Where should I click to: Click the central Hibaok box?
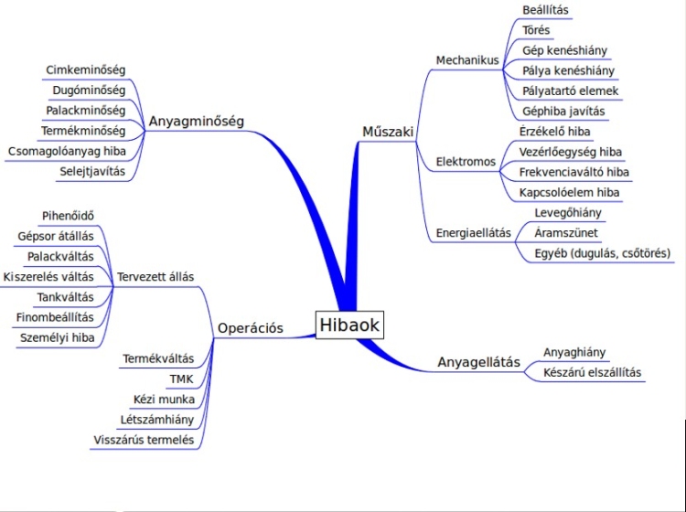click(x=348, y=325)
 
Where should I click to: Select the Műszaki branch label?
click(x=389, y=132)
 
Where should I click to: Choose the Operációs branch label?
click(x=251, y=328)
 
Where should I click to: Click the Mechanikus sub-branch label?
click(x=466, y=60)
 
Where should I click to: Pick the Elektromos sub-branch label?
click(x=466, y=162)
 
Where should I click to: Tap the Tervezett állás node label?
click(x=155, y=276)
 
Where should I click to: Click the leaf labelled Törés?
click(x=536, y=30)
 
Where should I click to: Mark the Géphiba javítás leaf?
click(x=563, y=112)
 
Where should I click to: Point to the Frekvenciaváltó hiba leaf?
click(x=574, y=172)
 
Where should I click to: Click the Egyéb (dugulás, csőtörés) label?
click(x=603, y=252)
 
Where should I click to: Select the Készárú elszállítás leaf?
click(x=593, y=372)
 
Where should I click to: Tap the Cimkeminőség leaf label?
click(x=85, y=69)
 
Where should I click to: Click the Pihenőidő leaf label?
click(x=68, y=216)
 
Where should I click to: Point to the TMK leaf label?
click(x=181, y=379)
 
